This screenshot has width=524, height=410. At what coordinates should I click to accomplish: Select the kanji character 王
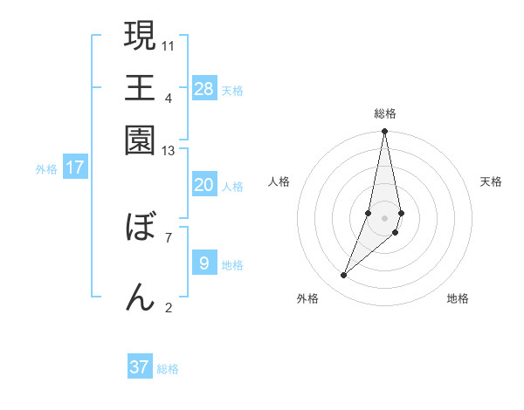(x=140, y=87)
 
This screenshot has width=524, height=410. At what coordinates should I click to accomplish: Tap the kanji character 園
(x=140, y=140)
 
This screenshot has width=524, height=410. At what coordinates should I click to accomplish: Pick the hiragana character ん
(x=140, y=297)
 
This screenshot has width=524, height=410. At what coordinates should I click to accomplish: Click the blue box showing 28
(x=204, y=89)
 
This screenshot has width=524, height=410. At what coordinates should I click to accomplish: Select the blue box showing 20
(x=204, y=185)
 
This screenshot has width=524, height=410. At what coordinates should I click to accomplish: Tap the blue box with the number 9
(x=204, y=263)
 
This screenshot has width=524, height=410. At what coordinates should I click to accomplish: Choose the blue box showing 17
(x=75, y=167)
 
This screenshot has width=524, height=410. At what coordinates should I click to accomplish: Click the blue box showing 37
(x=140, y=367)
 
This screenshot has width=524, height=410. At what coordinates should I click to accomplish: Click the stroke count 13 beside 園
(x=169, y=151)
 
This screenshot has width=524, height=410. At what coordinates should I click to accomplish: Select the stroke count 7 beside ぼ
(x=169, y=236)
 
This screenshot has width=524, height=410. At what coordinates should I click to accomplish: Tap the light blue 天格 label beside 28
(x=232, y=90)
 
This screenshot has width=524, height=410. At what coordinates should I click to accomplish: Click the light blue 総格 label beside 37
(x=168, y=369)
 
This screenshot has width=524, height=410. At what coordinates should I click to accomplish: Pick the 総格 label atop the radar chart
(x=384, y=113)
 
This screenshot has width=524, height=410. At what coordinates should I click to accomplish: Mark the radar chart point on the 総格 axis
(x=384, y=133)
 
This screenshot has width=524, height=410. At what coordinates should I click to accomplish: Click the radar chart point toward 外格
(x=344, y=276)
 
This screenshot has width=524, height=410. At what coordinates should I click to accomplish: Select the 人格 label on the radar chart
(x=279, y=181)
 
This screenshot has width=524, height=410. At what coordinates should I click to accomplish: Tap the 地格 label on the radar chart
(x=458, y=298)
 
